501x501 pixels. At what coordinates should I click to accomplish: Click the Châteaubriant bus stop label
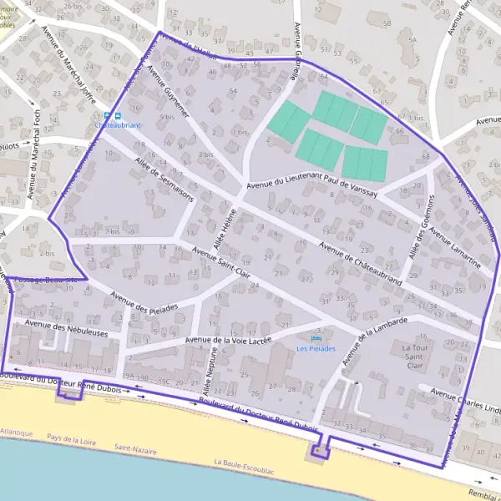click(119, 124)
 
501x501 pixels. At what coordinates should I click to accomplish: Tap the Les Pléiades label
click(316, 348)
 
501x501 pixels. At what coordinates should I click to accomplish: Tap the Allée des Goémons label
click(419, 225)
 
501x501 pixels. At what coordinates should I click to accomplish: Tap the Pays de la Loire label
click(73, 437)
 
